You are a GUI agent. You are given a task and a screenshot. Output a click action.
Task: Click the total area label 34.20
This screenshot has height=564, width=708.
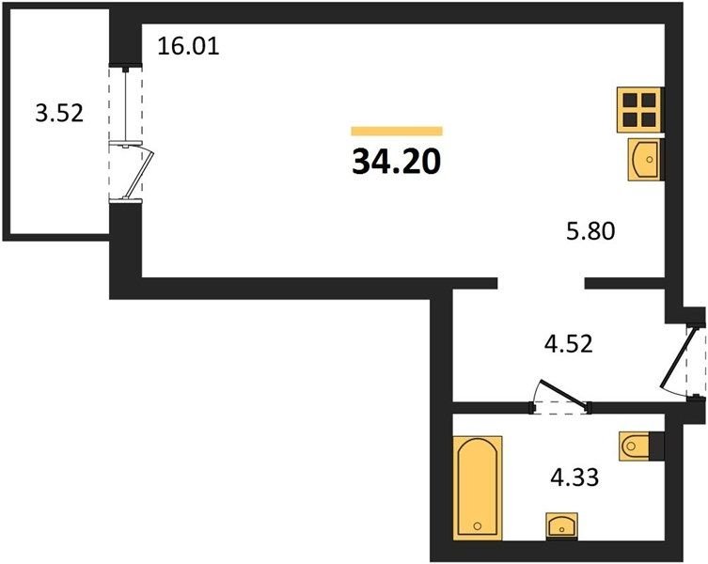coord(396,162)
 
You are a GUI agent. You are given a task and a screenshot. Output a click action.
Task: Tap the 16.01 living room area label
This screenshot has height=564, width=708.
coord(188,46)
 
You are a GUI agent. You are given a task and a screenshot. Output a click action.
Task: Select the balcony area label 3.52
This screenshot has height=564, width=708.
coord(59,113)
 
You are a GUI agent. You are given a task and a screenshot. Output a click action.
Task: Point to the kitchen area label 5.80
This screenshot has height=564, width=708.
coord(590,231)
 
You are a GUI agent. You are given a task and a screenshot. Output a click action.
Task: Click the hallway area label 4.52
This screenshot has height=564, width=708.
coord(568,344)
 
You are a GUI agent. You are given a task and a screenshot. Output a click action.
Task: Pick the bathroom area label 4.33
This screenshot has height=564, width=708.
coord(574,478)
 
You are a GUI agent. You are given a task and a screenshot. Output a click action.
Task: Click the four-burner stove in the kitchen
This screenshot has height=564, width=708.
coord(639,110)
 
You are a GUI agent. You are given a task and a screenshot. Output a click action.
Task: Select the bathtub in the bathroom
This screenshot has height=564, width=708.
coord(478,488)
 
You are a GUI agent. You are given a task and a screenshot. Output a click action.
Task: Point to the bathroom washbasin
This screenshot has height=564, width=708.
coord(561,525)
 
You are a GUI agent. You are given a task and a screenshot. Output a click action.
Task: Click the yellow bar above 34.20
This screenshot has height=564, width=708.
coord(397,131)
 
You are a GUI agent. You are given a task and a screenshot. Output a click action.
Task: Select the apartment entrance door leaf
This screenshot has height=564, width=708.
coord(677,357)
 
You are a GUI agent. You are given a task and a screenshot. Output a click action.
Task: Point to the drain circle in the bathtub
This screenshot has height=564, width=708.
coord(478,525)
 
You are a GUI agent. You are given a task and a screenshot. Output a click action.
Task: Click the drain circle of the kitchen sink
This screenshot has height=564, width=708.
coord(650,160)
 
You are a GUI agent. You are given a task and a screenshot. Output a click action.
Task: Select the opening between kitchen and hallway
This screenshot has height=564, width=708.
coord(541,283)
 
